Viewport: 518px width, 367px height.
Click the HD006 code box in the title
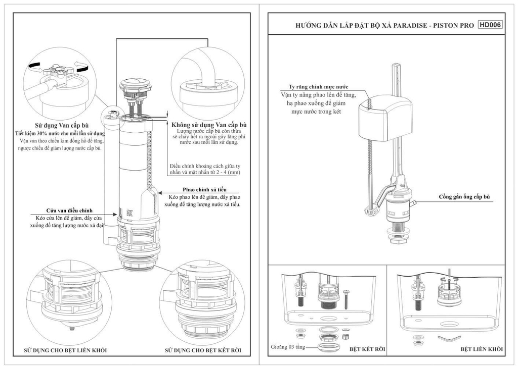click(x=490, y=25)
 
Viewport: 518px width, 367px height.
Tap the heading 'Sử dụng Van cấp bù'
click(x=62, y=126)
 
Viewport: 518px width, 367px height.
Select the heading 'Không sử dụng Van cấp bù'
click(x=209, y=125)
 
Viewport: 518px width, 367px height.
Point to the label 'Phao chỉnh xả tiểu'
click(x=205, y=190)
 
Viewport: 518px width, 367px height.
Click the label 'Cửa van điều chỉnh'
click(x=69, y=211)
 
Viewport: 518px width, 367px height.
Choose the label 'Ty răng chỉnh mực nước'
click(x=319, y=87)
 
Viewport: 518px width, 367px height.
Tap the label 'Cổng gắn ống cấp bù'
click(x=464, y=197)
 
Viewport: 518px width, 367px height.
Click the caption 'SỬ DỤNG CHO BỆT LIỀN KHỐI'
click(x=65, y=350)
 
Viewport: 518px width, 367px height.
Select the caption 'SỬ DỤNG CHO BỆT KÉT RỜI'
click(x=203, y=350)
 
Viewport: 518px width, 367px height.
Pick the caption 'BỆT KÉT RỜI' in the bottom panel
click(x=367, y=349)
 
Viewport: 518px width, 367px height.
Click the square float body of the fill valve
click(x=386, y=119)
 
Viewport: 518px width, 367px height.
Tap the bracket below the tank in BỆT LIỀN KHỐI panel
click(x=448, y=338)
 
